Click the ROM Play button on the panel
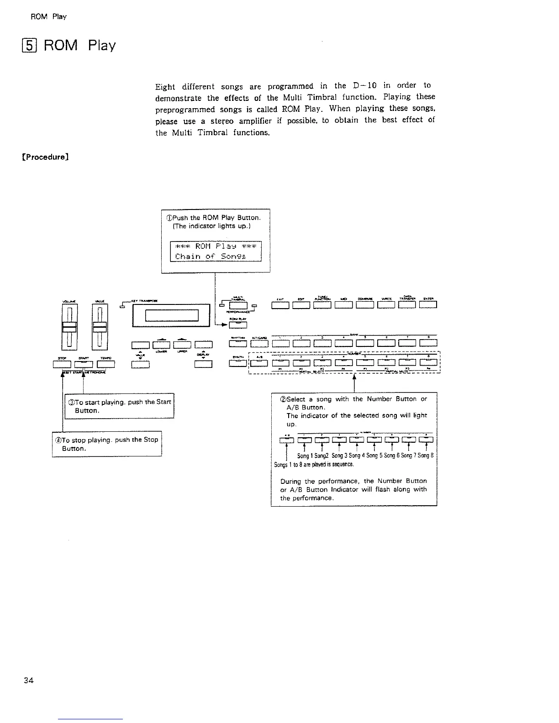(237, 325)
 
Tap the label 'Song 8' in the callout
(425, 456)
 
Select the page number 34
(28, 681)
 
